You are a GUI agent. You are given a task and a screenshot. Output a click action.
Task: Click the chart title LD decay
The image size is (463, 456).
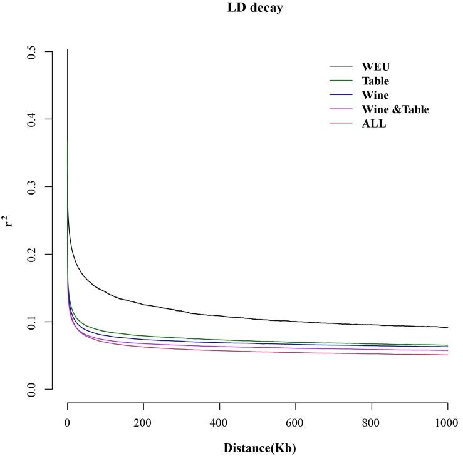click(x=255, y=9)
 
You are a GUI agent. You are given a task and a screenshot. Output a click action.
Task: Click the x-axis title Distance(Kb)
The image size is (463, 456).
click(x=259, y=448)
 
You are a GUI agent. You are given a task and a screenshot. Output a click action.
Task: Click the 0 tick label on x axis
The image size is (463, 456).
click(x=68, y=423)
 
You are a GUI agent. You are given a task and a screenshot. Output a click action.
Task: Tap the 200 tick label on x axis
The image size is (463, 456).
click(x=143, y=423)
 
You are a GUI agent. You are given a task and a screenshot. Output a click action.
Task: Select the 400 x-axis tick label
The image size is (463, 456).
click(x=219, y=423)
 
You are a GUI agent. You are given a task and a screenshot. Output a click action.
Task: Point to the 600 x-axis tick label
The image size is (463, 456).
click(x=296, y=423)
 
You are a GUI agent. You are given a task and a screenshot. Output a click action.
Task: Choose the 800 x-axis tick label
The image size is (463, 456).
click(x=372, y=423)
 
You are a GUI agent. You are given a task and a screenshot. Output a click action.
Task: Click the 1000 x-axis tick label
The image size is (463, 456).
click(x=447, y=423)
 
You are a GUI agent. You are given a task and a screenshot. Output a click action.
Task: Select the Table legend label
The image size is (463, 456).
click(x=375, y=81)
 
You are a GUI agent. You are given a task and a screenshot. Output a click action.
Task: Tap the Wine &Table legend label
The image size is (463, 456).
click(x=395, y=109)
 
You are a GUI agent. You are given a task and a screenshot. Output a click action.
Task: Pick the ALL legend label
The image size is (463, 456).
click(x=373, y=124)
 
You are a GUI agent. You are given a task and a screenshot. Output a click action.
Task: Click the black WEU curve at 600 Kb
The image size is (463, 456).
click(x=296, y=321)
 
